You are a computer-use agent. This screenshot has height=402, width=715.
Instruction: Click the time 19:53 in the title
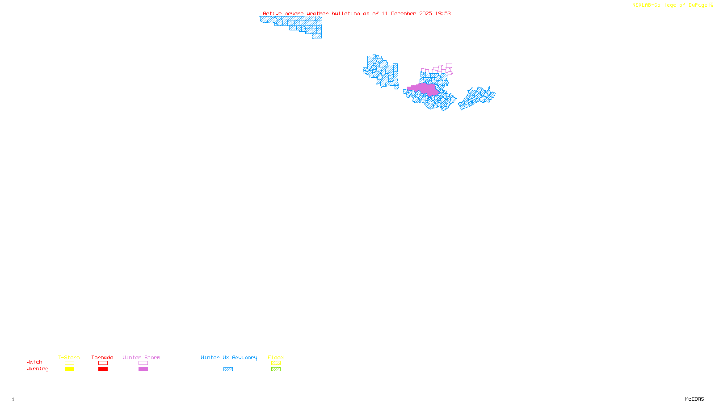443,13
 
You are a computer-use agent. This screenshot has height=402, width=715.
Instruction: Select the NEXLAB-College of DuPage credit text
670,5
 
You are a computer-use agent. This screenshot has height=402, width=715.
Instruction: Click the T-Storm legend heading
69,357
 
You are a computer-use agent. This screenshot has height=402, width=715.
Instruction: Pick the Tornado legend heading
102,357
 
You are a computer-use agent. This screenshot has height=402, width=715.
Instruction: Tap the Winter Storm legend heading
141,357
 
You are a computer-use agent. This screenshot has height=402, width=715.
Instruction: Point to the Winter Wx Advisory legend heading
229,357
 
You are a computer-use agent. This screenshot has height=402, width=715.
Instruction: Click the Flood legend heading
276,357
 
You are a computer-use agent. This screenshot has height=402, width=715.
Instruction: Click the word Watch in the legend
34,362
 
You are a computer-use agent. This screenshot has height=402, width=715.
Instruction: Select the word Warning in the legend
38,369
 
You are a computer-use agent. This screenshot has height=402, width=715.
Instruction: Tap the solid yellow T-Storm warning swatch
69,369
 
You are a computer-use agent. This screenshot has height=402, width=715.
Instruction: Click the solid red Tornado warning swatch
103,369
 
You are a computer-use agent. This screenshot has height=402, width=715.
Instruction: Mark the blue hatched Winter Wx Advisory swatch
228,369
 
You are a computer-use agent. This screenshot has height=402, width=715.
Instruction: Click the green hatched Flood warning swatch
276,369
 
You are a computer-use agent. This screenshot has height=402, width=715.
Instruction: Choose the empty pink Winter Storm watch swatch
143,363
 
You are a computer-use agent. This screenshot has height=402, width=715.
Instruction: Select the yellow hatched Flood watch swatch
276,363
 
